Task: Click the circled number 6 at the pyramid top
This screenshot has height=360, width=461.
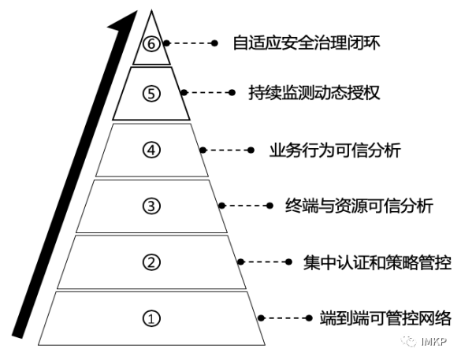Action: (151, 44)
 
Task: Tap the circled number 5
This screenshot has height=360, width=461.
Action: (151, 94)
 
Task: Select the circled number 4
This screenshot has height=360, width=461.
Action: (151, 150)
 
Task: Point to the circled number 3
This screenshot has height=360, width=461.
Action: (151, 206)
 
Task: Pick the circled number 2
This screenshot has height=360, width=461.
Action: (151, 262)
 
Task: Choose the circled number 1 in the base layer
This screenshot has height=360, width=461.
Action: (151, 318)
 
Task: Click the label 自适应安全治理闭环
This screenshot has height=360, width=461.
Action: (307, 43)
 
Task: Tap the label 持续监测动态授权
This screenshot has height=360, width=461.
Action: (314, 93)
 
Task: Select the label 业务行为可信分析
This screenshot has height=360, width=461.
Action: (335, 150)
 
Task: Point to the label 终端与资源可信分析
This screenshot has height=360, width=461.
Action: (359, 206)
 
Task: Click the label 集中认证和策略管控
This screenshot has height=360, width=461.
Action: (377, 262)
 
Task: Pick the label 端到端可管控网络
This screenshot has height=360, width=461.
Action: (385, 317)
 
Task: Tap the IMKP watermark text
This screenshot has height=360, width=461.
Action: (434, 341)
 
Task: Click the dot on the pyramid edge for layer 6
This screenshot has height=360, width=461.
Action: (167, 43)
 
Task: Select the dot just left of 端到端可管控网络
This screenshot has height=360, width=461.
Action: (309, 318)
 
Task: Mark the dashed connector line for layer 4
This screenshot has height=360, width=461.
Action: (227, 150)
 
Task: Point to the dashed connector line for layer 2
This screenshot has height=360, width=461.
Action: (265, 262)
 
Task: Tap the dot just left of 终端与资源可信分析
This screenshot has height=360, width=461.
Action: (270, 206)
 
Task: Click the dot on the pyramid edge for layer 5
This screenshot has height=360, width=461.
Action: (184, 93)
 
